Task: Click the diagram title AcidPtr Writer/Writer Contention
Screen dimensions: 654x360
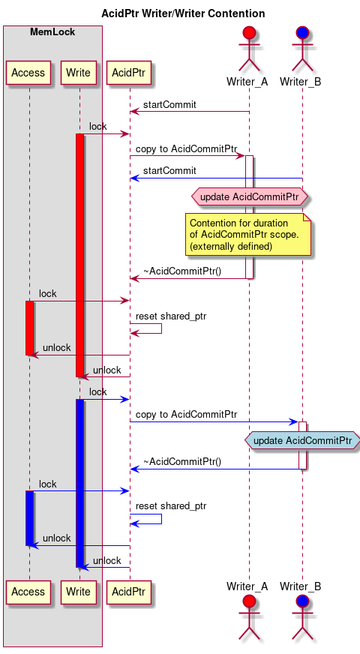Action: pos(182,13)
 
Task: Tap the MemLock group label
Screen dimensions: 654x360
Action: pos(52,31)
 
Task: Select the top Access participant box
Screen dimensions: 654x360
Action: pos(28,73)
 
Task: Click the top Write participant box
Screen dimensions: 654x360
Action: pos(79,73)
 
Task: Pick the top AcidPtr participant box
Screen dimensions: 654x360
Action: pos(130,73)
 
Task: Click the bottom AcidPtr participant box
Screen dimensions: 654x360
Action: pos(130,592)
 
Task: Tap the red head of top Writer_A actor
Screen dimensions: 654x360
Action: pos(249,34)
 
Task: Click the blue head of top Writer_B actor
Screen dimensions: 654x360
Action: pos(302,34)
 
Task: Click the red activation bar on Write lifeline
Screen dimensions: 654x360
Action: pos(79,255)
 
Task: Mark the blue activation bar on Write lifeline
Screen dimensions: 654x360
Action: pos(79,483)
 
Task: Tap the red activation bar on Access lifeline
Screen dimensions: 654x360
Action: pos(29,328)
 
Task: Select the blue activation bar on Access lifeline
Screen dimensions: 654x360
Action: pos(29,517)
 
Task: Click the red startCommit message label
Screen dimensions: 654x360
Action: pos(169,105)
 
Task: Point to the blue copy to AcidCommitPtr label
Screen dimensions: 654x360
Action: pos(186,414)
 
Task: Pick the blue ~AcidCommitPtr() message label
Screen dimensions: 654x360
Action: pos(182,462)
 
